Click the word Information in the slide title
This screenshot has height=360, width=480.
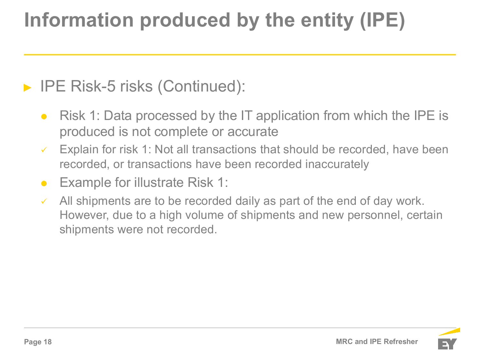click(x=79, y=20)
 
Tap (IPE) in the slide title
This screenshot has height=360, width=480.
click(x=383, y=20)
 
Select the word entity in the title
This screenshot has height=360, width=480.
click(x=327, y=21)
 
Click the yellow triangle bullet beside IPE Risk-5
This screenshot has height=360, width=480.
click(x=28, y=88)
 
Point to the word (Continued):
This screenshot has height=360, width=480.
click(x=201, y=86)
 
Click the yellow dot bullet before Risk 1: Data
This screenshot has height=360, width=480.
click(x=44, y=116)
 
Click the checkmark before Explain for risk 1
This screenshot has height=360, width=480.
click(x=44, y=150)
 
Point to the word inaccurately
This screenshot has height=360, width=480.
click(x=337, y=164)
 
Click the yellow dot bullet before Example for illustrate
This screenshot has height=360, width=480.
click(x=44, y=183)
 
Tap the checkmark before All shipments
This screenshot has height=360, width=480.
click(x=44, y=201)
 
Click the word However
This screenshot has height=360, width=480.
click(x=84, y=215)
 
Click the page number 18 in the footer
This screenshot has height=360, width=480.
click(x=48, y=342)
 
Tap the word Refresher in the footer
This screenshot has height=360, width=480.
click(x=401, y=341)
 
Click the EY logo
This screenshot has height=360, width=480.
click(x=448, y=339)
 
